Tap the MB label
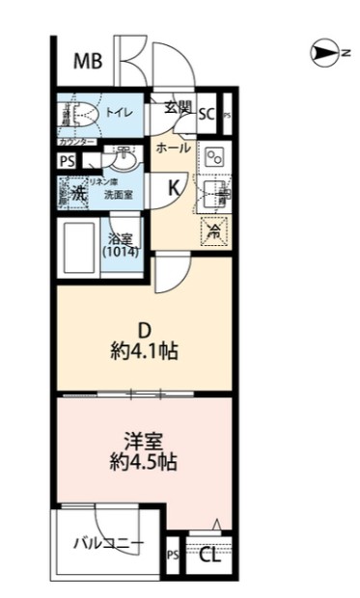[89, 64]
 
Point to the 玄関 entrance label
[178, 107]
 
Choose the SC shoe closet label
[207, 114]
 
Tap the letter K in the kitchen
[175, 187]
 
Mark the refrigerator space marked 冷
[216, 231]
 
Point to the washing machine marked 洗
[74, 192]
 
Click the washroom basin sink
[124, 154]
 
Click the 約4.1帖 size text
[143, 349]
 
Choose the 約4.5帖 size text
[143, 461]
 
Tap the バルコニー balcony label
[109, 544]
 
